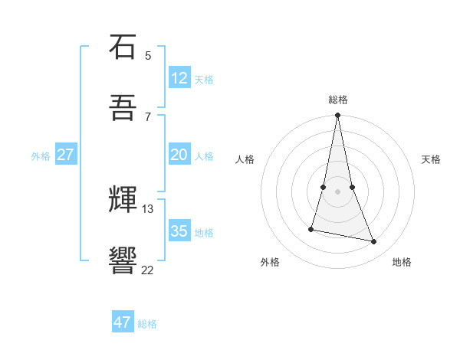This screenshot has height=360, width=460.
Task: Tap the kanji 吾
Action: pyautogui.click(x=123, y=108)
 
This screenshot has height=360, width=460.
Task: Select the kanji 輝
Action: pyautogui.click(x=123, y=200)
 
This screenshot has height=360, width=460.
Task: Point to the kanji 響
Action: pyautogui.click(x=123, y=260)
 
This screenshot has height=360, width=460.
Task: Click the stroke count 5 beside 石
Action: pyautogui.click(x=148, y=55)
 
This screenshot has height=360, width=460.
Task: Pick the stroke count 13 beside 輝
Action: pyautogui.click(x=148, y=208)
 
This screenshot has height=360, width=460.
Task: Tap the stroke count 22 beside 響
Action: pyautogui.click(x=148, y=270)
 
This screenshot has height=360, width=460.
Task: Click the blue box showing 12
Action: pyautogui.click(x=179, y=78)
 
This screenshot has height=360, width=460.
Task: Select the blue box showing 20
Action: pyautogui.click(x=179, y=155)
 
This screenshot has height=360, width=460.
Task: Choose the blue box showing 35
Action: pyautogui.click(x=179, y=231)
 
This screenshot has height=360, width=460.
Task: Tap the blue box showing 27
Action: pyautogui.click(x=66, y=155)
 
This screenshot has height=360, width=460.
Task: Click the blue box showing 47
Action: pyautogui.click(x=123, y=322)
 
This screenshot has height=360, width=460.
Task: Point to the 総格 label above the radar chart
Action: pyautogui.click(x=337, y=100)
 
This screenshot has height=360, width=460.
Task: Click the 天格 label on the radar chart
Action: pyautogui.click(x=432, y=159)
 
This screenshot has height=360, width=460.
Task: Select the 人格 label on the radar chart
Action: pyautogui.click(x=245, y=159)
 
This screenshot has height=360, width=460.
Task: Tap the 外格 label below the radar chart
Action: pyautogui.click(x=270, y=262)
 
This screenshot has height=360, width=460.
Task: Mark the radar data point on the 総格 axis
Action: pyautogui.click(x=337, y=116)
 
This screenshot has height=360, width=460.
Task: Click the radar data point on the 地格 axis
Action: pyautogui.click(x=374, y=242)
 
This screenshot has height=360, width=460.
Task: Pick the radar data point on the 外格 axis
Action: pyautogui.click(x=311, y=228)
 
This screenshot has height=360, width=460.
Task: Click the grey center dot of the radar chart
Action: pyautogui.click(x=337, y=191)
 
